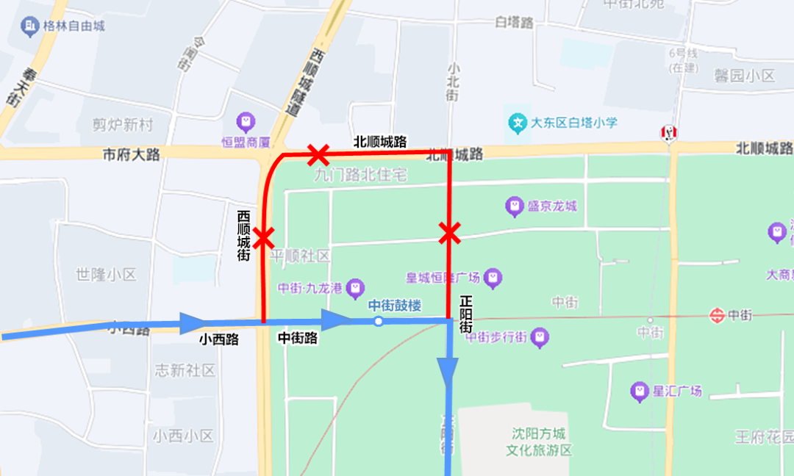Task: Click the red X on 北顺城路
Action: pyautogui.click(x=318, y=155)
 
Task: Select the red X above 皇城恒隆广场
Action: pyautogui.click(x=449, y=234)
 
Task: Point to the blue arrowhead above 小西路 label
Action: pyautogui.click(x=193, y=322)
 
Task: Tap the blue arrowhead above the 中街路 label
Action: pyautogui.click(x=336, y=320)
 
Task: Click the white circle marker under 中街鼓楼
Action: pyautogui.click(x=378, y=321)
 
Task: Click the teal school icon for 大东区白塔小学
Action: pyautogui.click(x=518, y=122)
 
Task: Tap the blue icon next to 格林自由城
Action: pyautogui.click(x=30, y=27)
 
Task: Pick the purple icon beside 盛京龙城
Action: pyautogui.click(x=515, y=206)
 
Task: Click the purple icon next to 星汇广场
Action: pyautogui.click(x=640, y=391)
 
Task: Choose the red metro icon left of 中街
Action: pyautogui.click(x=717, y=315)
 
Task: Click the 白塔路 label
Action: pyautogui.click(x=514, y=23)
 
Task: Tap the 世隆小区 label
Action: pyautogui.click(x=106, y=275)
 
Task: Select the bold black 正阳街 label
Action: pyautogui.click(x=465, y=315)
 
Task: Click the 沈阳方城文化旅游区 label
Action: pyautogui.click(x=538, y=441)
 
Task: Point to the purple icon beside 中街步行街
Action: pyautogui.click(x=540, y=337)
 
